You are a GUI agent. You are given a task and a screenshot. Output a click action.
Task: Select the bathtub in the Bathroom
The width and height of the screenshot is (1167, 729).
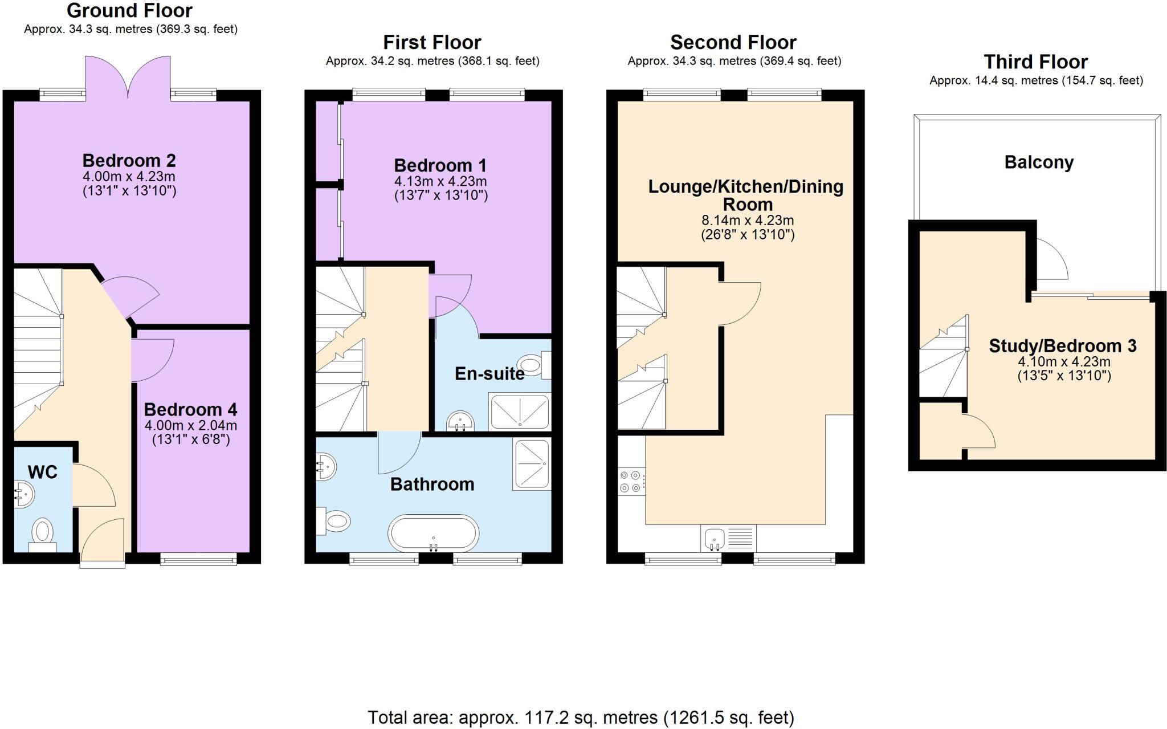[433, 533]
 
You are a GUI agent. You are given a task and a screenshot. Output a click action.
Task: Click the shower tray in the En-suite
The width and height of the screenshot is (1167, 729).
[520, 411]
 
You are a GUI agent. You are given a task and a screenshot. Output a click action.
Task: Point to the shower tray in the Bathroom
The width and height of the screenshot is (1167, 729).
[531, 464]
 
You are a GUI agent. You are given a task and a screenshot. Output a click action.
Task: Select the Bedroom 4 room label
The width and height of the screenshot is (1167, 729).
[190, 409]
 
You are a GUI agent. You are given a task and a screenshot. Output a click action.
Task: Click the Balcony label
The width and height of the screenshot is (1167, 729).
[1039, 162]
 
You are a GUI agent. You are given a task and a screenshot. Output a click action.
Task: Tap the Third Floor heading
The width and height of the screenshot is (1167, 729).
[1035, 62]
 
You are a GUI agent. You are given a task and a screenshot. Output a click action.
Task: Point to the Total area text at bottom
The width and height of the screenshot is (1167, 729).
[580, 717]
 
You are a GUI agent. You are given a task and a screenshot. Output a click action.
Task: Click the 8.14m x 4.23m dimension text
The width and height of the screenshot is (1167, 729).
[747, 220]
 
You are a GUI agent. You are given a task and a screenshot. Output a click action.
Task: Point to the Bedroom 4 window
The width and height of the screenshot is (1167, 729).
[198, 561]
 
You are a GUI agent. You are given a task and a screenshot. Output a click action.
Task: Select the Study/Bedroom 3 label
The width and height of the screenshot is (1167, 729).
[1062, 346]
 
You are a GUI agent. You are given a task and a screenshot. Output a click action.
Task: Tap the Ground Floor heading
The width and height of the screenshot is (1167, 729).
[129, 10]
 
